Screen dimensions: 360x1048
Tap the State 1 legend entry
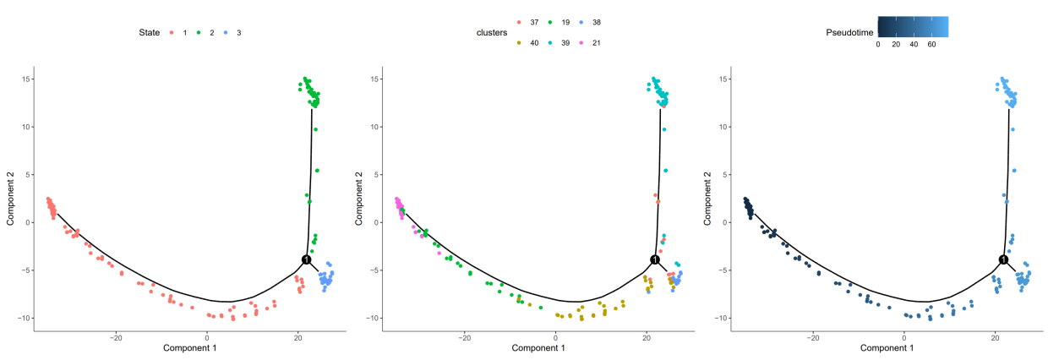click(177, 32)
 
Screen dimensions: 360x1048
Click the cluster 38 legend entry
click(602, 22)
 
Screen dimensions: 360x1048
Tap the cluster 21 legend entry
click(602, 42)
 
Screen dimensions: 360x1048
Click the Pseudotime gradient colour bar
click(912, 26)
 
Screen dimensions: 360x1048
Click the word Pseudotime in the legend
click(849, 32)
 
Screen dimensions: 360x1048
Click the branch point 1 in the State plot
click(306, 259)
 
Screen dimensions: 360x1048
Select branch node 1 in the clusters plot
click(654, 259)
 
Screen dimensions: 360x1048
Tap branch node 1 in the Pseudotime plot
click(1003, 259)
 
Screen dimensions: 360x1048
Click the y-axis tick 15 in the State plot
click(27, 79)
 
